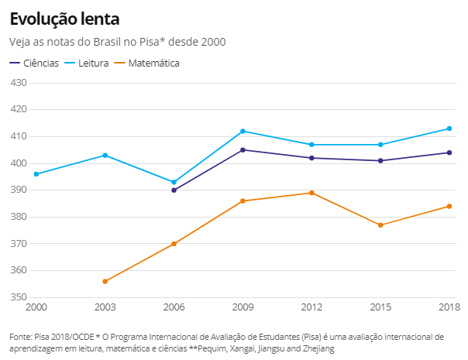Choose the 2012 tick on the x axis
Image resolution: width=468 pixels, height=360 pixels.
pos(311,307)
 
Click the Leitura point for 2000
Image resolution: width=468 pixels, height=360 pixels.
pos(36,174)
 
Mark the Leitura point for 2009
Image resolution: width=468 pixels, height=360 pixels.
pos(243,131)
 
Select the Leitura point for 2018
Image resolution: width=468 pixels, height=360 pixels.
pos(449,129)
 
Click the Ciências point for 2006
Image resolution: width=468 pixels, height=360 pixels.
pos(174,190)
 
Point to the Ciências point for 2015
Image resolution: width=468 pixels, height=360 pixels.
pos(380,160)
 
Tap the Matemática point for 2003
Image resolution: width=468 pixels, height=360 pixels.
pos(105,281)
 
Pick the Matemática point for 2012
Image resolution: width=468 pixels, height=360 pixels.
pos(311,193)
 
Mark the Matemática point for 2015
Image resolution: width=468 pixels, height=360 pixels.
pos(380,225)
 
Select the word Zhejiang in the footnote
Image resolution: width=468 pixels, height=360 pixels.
pos(317,349)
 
